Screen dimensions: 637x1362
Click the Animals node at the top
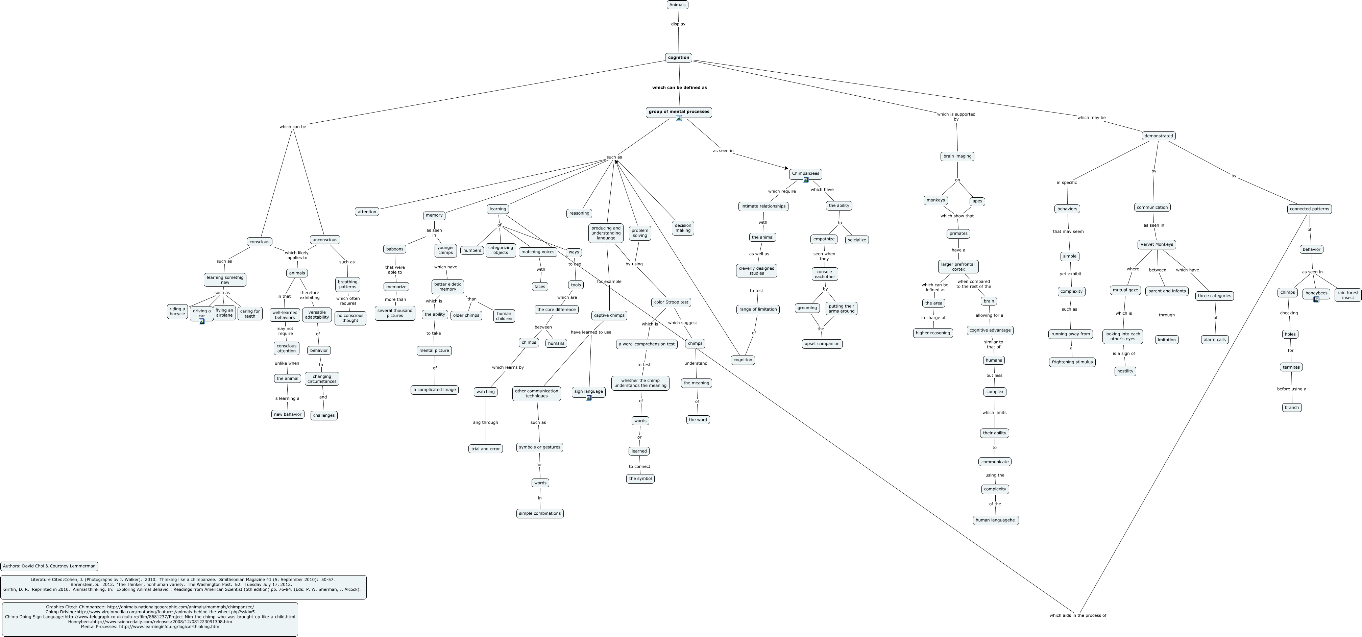point(677,5)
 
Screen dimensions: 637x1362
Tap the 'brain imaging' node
point(957,156)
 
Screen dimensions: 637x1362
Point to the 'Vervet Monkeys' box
point(1156,244)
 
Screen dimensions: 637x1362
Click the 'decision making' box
point(683,228)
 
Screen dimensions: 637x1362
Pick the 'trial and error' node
point(485,449)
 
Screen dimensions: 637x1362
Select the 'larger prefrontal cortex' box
point(958,266)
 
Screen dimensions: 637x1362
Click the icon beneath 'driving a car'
point(201,321)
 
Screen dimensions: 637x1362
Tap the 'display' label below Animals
point(678,24)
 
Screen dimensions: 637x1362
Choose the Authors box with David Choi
point(49,566)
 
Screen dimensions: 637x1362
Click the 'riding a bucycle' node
point(177,311)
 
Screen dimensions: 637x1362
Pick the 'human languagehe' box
point(995,520)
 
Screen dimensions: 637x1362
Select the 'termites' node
point(1291,367)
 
